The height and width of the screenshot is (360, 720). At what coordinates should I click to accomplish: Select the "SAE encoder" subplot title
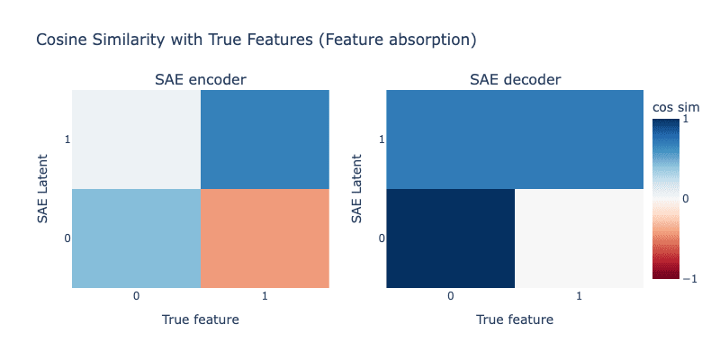pyautogui.click(x=200, y=79)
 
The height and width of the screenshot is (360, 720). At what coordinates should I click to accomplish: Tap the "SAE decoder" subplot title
pyautogui.click(x=515, y=79)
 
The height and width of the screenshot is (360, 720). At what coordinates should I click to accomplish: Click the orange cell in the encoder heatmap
pyautogui.click(x=265, y=238)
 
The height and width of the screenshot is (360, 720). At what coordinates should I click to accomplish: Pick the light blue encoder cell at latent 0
pyautogui.click(x=137, y=238)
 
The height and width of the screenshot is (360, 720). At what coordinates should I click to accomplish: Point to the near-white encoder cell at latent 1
pyautogui.click(x=137, y=139)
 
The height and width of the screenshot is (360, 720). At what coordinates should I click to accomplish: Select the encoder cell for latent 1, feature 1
pyautogui.click(x=265, y=139)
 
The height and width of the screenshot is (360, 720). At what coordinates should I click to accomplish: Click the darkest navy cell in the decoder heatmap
pyautogui.click(x=451, y=238)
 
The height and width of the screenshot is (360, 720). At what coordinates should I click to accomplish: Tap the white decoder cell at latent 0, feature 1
pyautogui.click(x=579, y=238)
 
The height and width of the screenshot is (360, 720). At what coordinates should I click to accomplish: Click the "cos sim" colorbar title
pyautogui.click(x=677, y=107)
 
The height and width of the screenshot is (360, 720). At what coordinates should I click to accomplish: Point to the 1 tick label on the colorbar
pyautogui.click(x=685, y=119)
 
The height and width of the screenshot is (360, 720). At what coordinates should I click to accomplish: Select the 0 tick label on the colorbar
pyautogui.click(x=685, y=199)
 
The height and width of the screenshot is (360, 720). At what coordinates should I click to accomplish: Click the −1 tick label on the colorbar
pyautogui.click(x=689, y=278)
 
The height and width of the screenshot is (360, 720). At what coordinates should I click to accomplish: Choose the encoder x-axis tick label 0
pyautogui.click(x=137, y=296)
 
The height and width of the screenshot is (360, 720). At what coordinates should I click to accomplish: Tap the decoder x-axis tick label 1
pyautogui.click(x=579, y=296)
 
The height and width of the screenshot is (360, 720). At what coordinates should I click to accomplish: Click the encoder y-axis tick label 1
pyautogui.click(x=68, y=139)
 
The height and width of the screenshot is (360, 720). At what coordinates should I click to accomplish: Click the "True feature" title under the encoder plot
pyautogui.click(x=200, y=319)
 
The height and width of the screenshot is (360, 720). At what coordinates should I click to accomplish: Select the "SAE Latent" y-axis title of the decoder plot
pyautogui.click(x=357, y=189)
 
